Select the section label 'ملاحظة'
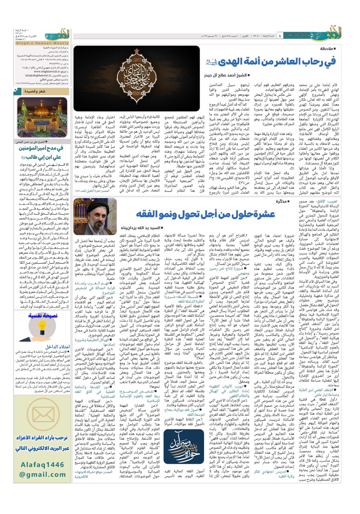tap(328, 49)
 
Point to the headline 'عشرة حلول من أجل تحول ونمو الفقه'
tap(205, 214)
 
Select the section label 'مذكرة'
tap(283, 201)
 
